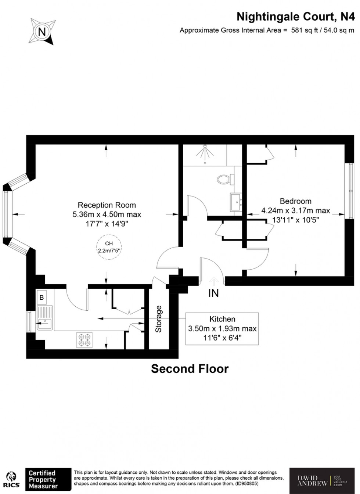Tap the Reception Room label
point(107,205)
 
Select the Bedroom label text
point(295,201)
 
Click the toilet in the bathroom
point(224,180)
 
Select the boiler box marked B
point(42,298)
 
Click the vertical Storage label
point(158,319)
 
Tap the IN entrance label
point(213,293)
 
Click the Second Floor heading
point(190,368)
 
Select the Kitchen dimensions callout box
point(222,329)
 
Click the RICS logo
point(11,479)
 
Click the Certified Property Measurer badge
point(47,479)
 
